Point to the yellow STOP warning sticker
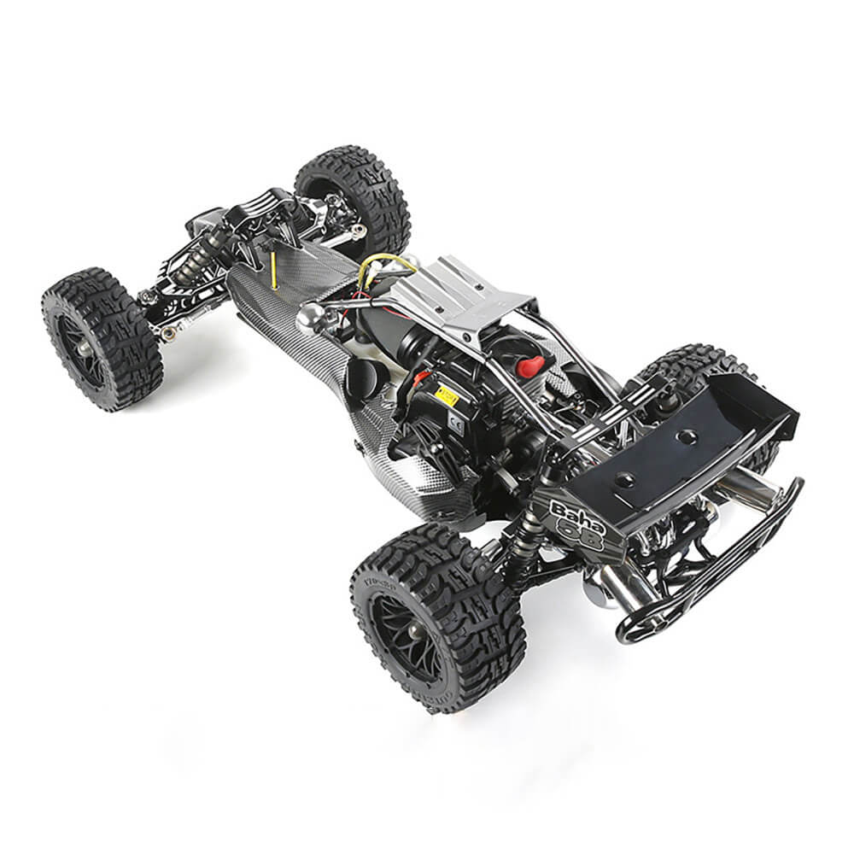(447, 394)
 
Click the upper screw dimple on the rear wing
(685, 437)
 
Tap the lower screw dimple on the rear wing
(624, 480)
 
